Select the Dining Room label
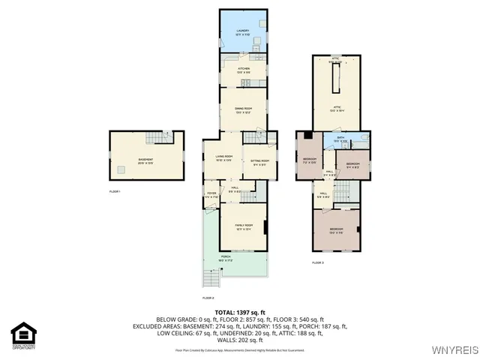(x=243, y=110)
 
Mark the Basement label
(x=145, y=160)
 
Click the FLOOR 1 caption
(x=115, y=192)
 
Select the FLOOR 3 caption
(x=317, y=262)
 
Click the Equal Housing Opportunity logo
(x=23, y=334)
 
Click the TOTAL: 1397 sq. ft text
(x=239, y=311)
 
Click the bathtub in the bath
(x=361, y=138)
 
